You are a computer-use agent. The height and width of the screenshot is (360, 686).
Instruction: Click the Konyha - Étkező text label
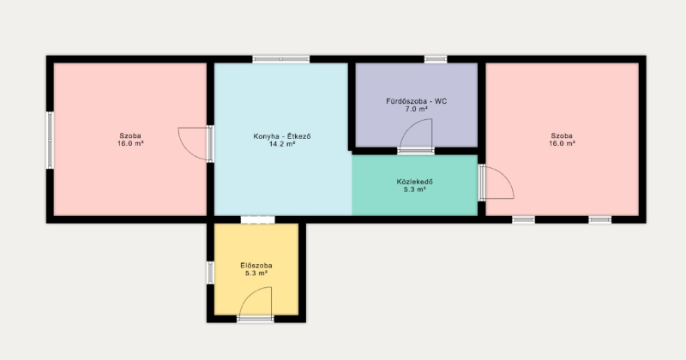pos(282,136)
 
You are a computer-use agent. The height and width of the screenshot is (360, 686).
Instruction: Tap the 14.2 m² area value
pos(282,144)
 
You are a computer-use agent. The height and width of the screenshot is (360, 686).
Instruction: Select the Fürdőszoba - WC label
pos(416,101)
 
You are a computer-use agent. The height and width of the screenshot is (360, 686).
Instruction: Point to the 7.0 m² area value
pos(416,110)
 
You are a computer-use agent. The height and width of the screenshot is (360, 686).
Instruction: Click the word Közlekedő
pos(415,182)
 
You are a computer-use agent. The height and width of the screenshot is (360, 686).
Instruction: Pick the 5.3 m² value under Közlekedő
pos(415,189)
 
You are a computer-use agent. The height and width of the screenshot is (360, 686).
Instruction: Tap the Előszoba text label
pos(256,266)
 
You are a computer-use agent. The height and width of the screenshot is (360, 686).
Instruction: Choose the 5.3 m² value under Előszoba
pos(256,273)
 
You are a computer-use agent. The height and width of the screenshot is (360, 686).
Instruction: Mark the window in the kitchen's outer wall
pos(281,59)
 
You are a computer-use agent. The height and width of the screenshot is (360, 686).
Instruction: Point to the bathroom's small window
pos(436,59)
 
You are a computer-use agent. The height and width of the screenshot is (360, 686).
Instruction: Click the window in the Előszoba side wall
pos(210,273)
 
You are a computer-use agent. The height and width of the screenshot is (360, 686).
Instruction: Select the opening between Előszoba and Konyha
pos(258,219)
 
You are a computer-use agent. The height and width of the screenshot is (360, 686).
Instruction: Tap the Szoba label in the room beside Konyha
pos(130,136)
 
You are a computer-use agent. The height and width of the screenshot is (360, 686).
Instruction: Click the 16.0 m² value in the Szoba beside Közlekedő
pos(562,143)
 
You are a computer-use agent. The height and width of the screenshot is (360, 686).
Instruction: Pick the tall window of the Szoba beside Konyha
pos(50,140)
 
